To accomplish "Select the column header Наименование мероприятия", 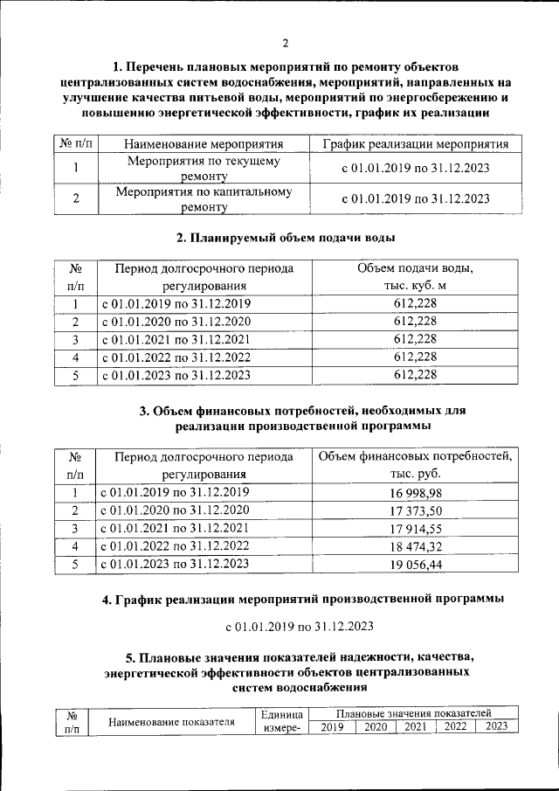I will pyautogui.click(x=204, y=144).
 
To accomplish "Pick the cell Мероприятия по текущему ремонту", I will pyautogui.click(x=204, y=170).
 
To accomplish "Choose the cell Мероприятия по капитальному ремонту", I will pyautogui.click(x=204, y=199).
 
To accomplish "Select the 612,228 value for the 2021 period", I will pyautogui.click(x=415, y=339).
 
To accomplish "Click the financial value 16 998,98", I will pyautogui.click(x=415, y=493).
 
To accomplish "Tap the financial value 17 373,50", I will pyautogui.click(x=415, y=511).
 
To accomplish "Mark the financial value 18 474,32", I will pyautogui.click(x=415, y=547).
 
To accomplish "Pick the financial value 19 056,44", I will pyautogui.click(x=415, y=565).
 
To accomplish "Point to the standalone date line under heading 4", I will pyautogui.click(x=299, y=627).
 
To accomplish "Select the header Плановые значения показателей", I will pyautogui.click(x=413, y=714).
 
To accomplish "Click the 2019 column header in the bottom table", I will pyautogui.click(x=332, y=727).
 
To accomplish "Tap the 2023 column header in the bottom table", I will pyautogui.click(x=496, y=727).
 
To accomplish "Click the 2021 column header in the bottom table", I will pyautogui.click(x=415, y=727).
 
